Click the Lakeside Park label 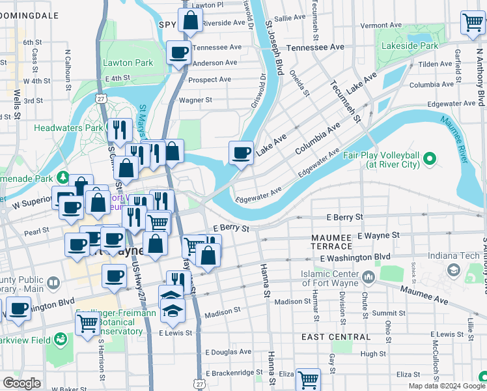[x=411, y=46]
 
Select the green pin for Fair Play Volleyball [x=429, y=158]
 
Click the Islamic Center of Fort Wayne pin [x=369, y=278]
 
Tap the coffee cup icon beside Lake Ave [x=241, y=153]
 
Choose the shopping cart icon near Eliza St [x=308, y=379]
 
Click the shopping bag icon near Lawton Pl [x=189, y=21]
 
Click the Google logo [x=21, y=383]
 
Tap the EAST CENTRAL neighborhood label [x=336, y=337]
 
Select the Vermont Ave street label [x=381, y=25]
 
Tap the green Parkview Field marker [x=61, y=339]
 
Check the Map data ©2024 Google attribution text [x=447, y=386]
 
